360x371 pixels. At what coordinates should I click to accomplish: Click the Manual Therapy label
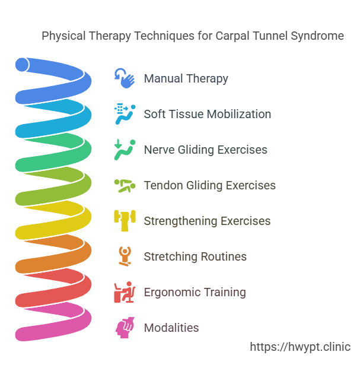pyautogui.click(x=186, y=78)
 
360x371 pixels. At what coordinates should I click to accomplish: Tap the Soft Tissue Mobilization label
pyautogui.click(x=208, y=114)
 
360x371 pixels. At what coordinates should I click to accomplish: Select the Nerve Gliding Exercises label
pyautogui.click(x=205, y=150)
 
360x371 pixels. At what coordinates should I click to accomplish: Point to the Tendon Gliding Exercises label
pyautogui.click(x=209, y=185)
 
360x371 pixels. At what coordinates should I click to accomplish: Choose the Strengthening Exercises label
pyautogui.click(x=207, y=221)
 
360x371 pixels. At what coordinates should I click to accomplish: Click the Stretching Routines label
pyautogui.click(x=195, y=256)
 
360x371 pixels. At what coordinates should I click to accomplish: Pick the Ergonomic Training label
pyautogui.click(x=195, y=292)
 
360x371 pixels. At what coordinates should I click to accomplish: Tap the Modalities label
pyautogui.click(x=171, y=328)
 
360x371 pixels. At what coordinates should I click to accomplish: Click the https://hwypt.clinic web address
pyautogui.click(x=300, y=347)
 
